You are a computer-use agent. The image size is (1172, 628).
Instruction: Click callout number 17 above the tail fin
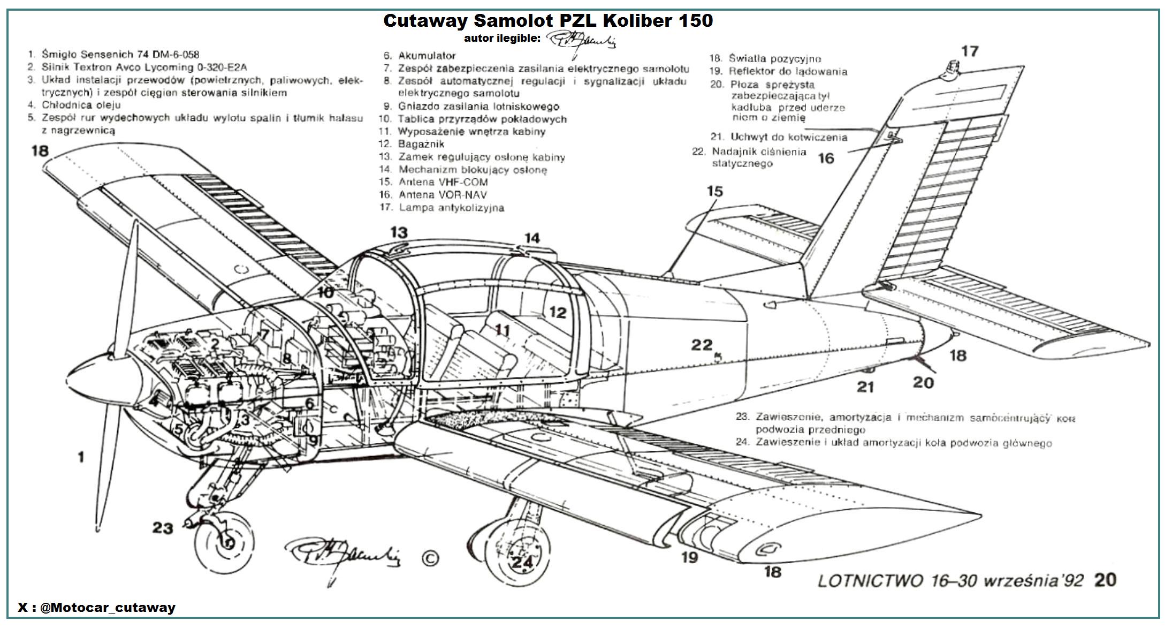pyautogui.click(x=970, y=51)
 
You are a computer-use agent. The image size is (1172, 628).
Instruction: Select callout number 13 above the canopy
pyautogui.click(x=399, y=232)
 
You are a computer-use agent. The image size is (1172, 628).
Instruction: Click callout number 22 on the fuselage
pyautogui.click(x=702, y=345)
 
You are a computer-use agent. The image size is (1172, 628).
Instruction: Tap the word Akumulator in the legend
pyautogui.click(x=427, y=56)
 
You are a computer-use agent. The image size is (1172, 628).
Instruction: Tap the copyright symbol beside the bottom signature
pyautogui.click(x=430, y=558)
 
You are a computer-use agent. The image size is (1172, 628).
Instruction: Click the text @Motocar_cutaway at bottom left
pyautogui.click(x=108, y=608)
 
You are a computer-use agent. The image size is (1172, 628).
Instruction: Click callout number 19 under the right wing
pyautogui.click(x=690, y=557)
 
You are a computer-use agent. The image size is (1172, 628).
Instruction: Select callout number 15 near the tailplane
pyautogui.click(x=715, y=191)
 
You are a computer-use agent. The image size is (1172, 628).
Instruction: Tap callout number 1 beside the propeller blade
pyautogui.click(x=81, y=457)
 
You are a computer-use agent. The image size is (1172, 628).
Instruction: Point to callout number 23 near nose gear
pyautogui.click(x=163, y=528)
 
